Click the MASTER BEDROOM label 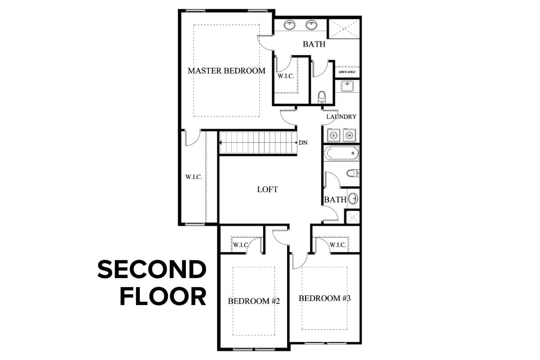coord(226,71)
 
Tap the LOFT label coord(267,189)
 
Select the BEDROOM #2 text coord(254,301)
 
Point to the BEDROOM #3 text coord(324,298)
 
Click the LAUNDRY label coord(341,117)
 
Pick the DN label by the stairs coord(303,143)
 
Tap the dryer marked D coord(333,135)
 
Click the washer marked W coord(349,135)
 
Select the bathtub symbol coord(342,153)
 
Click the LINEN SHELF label coord(347,72)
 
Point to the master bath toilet coord(322,97)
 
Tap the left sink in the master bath coord(289,25)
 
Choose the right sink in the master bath coord(311,25)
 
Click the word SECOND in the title coord(152,269)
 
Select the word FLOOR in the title coord(163,297)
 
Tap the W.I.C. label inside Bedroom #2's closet coord(241,245)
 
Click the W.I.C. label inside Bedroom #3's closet coord(338,245)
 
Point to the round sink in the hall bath coord(353,198)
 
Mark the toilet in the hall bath coord(353,173)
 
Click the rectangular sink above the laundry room coord(347,86)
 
